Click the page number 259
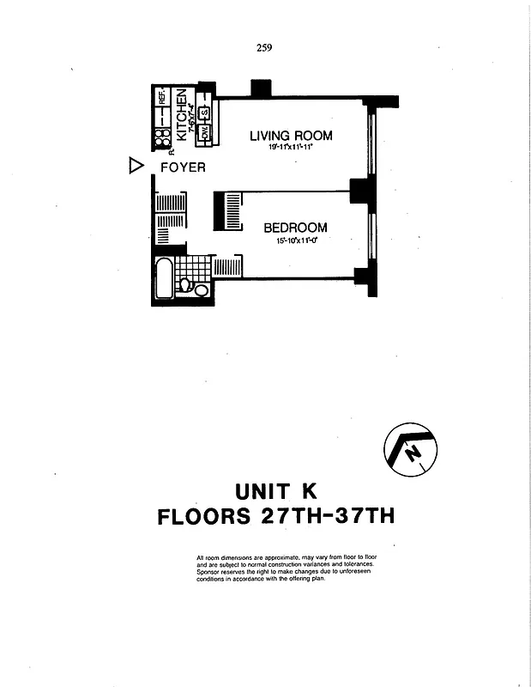tap(264, 48)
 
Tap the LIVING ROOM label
tap(291, 136)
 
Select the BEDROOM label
tap(295, 228)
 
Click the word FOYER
tap(183, 167)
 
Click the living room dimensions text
tap(290, 148)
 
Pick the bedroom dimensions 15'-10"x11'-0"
tap(295, 241)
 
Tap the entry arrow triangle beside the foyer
tap(134, 167)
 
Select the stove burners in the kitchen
tap(161, 137)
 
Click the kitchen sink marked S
tap(206, 112)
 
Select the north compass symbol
tap(407, 449)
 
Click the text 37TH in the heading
tap(355, 518)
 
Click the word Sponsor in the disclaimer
tap(211, 569)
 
